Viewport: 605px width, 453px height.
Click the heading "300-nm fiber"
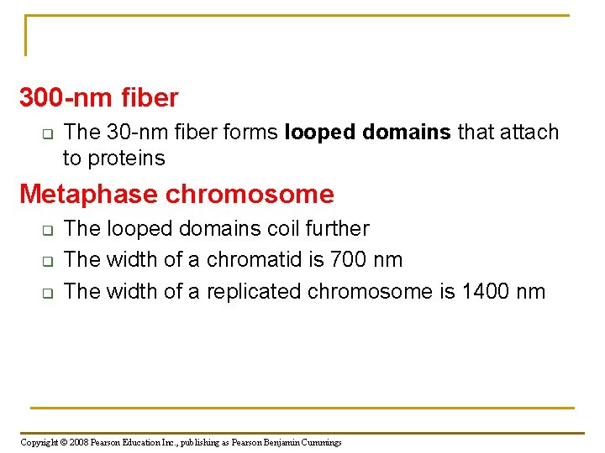click(99, 98)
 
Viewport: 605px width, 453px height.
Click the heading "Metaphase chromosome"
click(176, 195)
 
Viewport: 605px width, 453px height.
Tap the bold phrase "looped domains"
click(368, 133)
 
